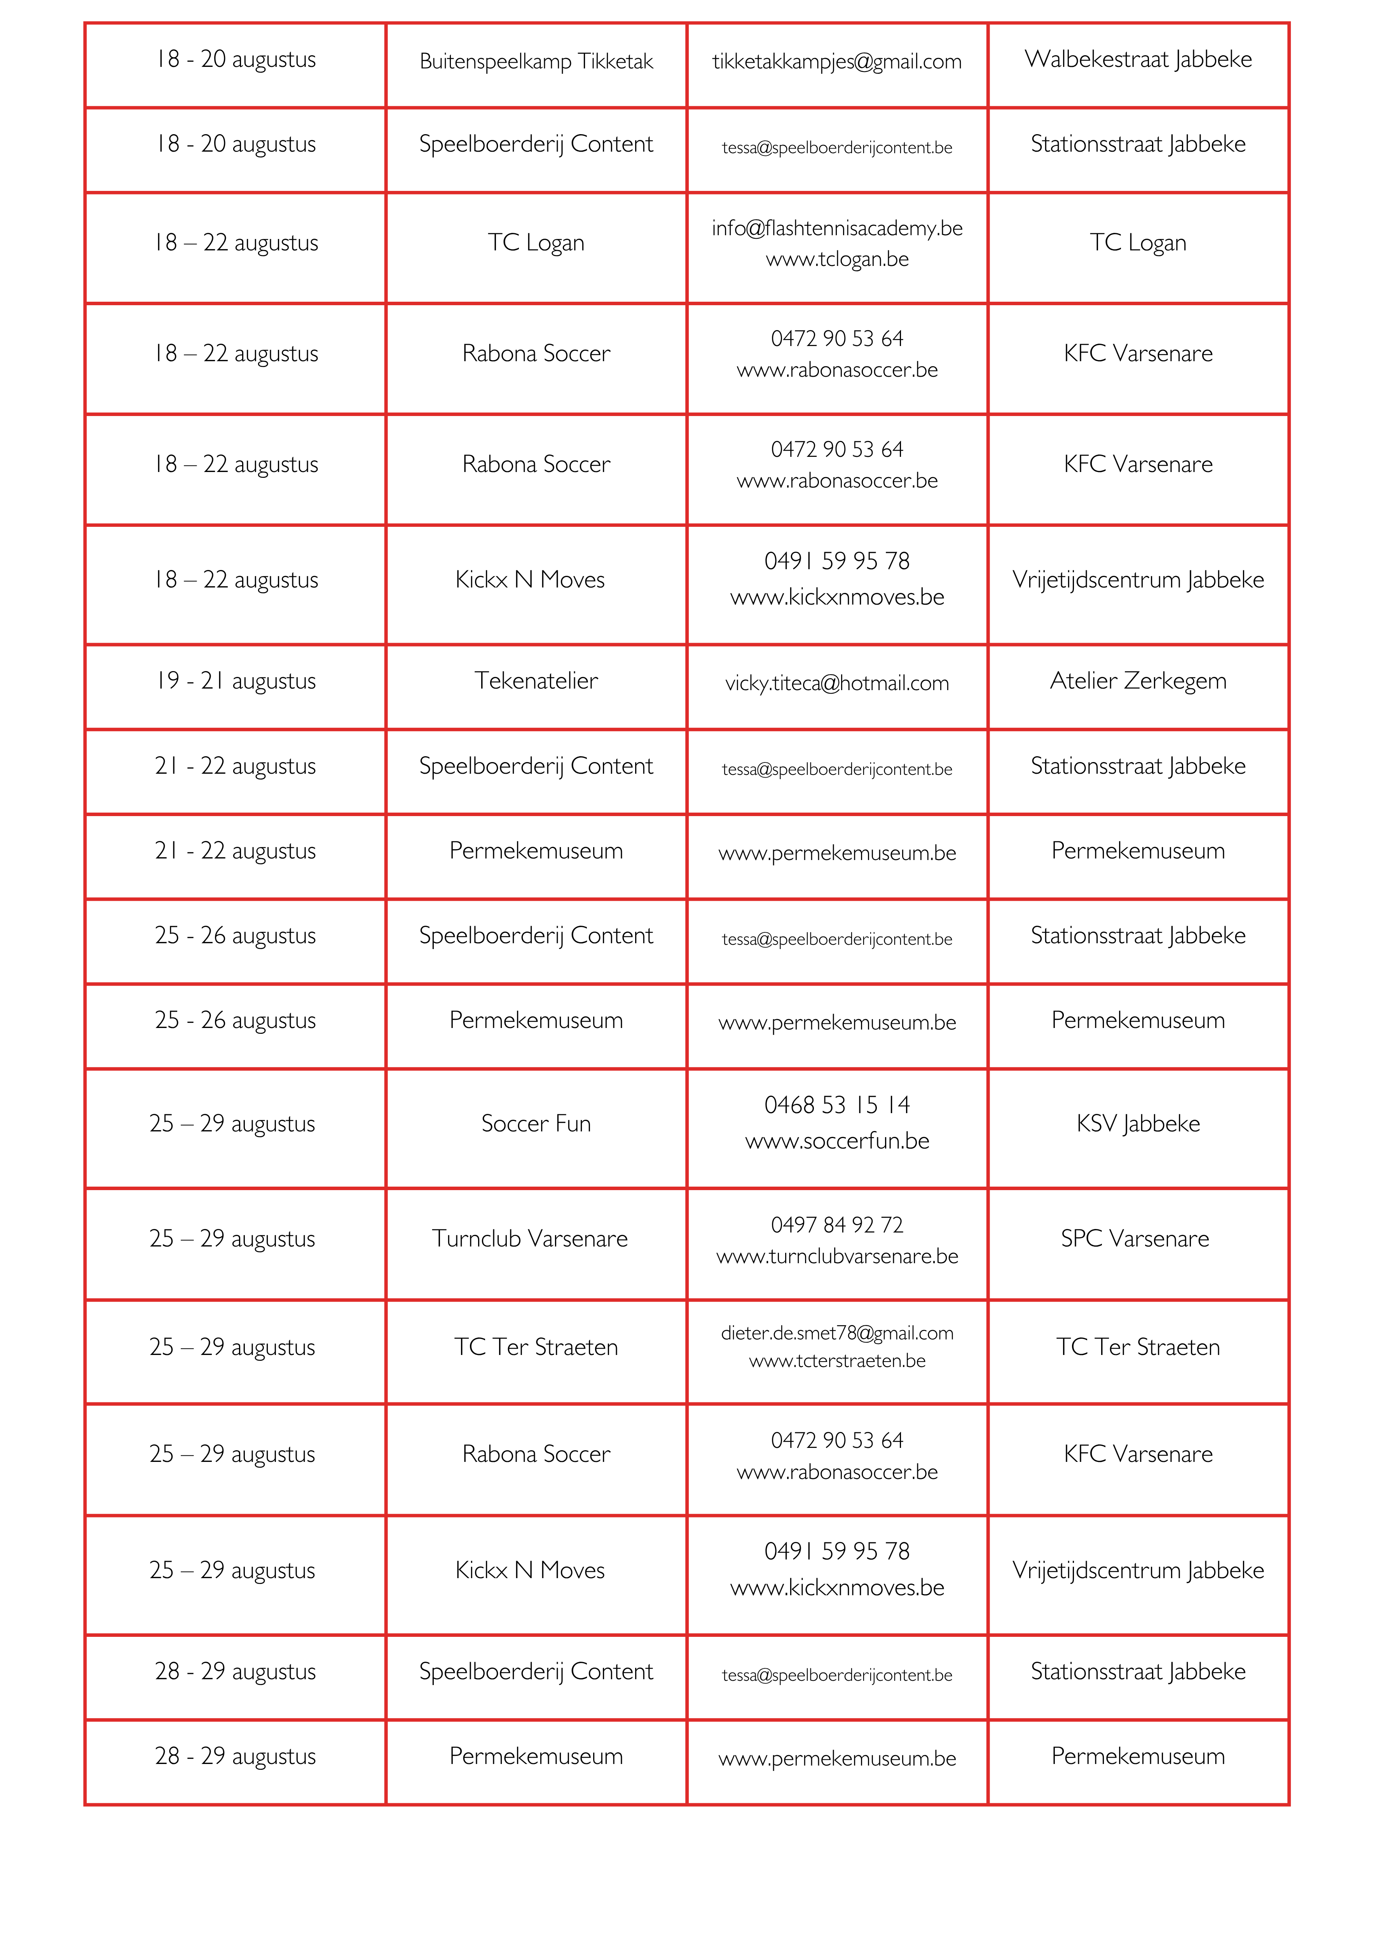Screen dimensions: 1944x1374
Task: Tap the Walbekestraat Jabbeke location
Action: (1138, 59)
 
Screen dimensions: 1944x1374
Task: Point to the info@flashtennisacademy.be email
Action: (836, 228)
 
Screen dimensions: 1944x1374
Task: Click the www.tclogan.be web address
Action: (836, 259)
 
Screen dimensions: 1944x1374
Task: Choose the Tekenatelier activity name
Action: (536, 681)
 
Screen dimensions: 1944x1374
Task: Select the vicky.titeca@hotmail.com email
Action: (836, 683)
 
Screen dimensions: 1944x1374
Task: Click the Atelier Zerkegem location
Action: (1138, 681)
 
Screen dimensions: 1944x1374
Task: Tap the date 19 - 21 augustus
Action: (236, 681)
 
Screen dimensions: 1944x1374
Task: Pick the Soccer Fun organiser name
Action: (536, 1124)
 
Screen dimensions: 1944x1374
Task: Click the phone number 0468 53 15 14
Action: (836, 1105)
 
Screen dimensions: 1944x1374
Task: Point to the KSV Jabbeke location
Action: (1138, 1124)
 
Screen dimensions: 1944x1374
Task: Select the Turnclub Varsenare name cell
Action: (530, 1239)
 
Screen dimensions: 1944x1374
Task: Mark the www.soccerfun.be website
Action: (836, 1142)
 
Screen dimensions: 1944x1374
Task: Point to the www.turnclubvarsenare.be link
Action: (836, 1257)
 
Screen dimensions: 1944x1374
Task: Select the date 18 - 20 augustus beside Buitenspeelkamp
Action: (236, 59)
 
